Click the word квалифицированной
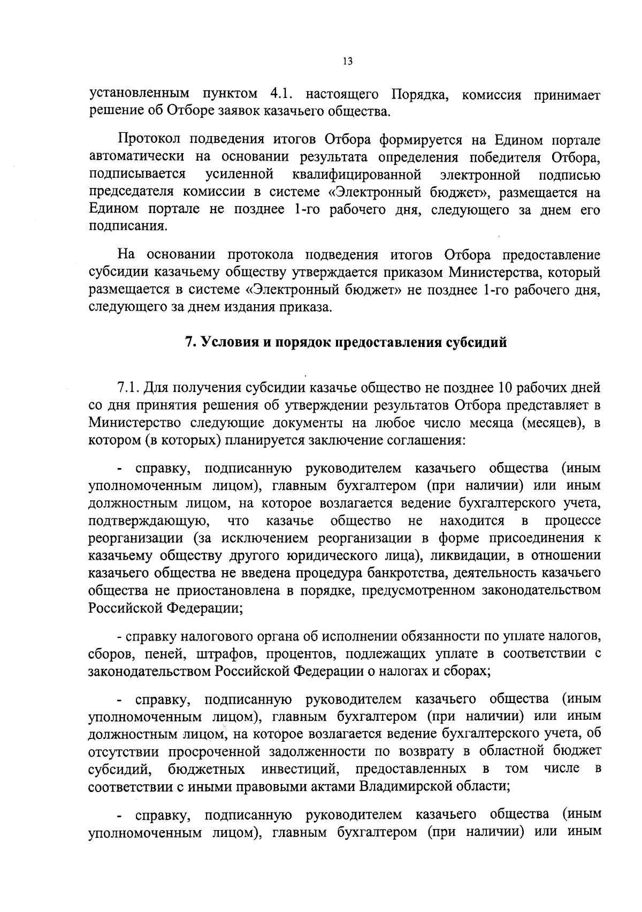point(358,175)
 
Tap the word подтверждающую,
point(149,521)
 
